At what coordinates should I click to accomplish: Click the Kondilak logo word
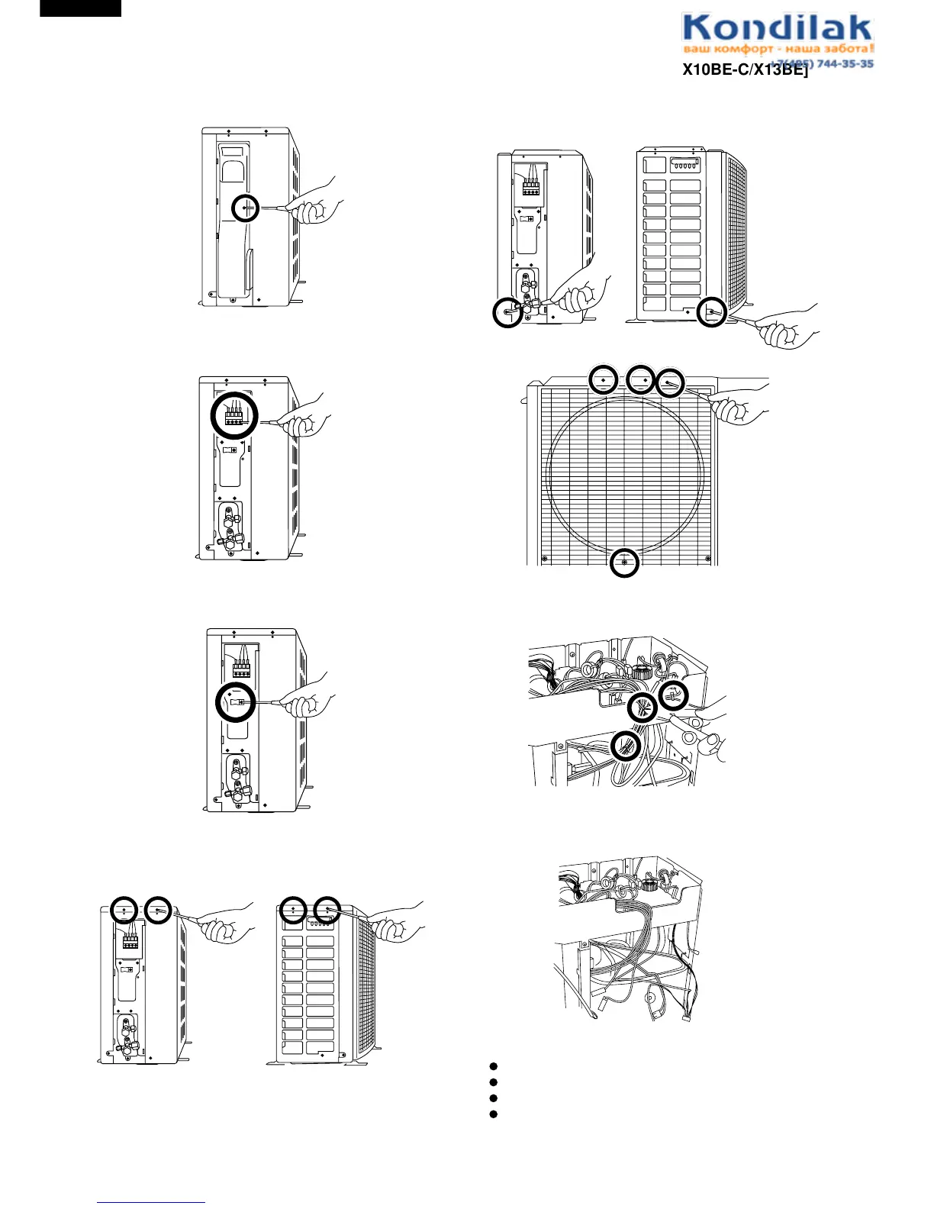(777, 29)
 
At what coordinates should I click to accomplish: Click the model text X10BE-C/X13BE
(744, 70)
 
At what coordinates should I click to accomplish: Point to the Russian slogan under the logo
(777, 49)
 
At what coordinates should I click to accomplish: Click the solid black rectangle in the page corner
(80, 8)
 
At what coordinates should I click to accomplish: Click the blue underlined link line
(151, 1202)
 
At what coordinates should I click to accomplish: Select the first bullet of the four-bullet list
(493, 1066)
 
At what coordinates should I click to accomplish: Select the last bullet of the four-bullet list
(493, 1114)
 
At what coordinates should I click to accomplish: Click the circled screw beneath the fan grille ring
(625, 563)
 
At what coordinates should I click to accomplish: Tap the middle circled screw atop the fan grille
(641, 379)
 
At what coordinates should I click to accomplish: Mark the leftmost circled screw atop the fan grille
(603, 379)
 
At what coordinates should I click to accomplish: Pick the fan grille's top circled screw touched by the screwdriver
(669, 383)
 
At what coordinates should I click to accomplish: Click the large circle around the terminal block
(234, 415)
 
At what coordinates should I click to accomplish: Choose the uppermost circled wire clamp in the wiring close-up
(673, 695)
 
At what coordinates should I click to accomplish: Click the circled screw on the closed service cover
(246, 207)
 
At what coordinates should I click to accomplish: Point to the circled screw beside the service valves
(507, 312)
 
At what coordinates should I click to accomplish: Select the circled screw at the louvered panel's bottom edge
(711, 311)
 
